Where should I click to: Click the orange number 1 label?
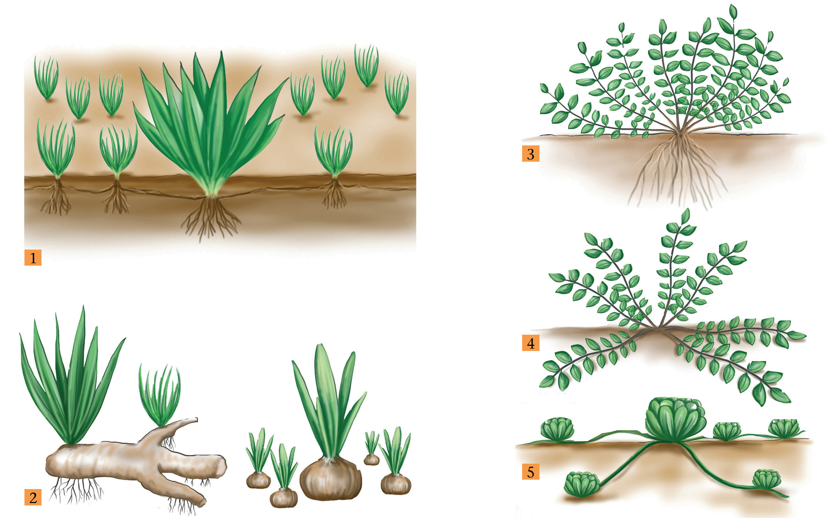(x=33, y=258)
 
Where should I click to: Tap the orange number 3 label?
(x=530, y=154)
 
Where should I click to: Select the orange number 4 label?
(x=530, y=343)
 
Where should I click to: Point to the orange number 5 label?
(x=530, y=472)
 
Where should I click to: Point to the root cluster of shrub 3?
(x=678, y=171)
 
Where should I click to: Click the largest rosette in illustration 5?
(x=675, y=420)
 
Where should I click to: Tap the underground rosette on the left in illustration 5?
(x=581, y=484)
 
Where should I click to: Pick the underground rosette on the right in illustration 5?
(x=766, y=479)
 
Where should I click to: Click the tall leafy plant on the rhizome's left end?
(x=71, y=376)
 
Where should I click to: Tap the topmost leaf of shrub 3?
(x=733, y=12)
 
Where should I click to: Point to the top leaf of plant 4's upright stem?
(x=685, y=216)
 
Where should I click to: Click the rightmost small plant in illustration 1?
(x=397, y=93)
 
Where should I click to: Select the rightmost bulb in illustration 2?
(x=396, y=484)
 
